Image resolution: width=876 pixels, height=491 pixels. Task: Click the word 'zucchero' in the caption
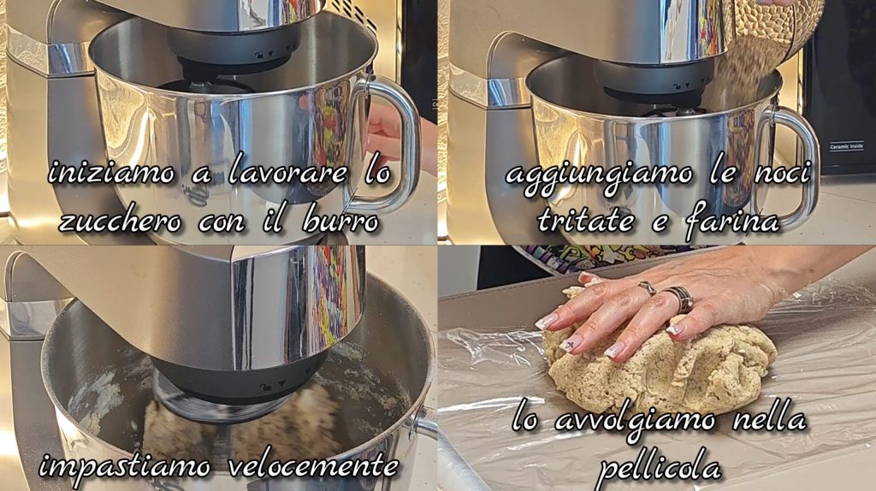point(120,222)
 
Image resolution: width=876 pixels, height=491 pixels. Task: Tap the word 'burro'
point(340,222)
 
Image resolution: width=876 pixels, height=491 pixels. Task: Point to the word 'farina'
point(732,222)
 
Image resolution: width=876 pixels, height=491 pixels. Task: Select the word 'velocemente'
point(314,464)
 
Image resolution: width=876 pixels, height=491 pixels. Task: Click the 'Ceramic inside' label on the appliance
point(846,146)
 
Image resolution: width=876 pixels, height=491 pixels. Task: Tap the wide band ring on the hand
point(680,299)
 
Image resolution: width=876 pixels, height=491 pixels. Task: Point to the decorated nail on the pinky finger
point(675,328)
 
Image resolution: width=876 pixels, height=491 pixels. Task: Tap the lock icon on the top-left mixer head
point(257,55)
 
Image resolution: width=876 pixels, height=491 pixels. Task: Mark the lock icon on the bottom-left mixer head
point(266,387)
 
